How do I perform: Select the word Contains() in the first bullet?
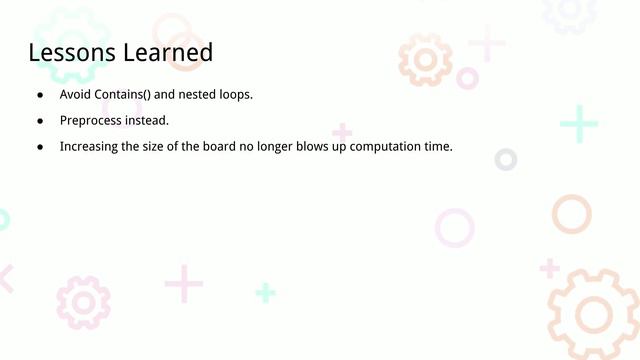click(x=131, y=95)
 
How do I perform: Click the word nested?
click(x=201, y=95)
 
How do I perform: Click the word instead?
click(x=147, y=121)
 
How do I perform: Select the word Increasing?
click(x=91, y=147)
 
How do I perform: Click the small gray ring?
click(x=506, y=159)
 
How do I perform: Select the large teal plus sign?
click(x=579, y=124)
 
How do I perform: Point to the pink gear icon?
click(x=83, y=302)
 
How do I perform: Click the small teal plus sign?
click(x=265, y=292)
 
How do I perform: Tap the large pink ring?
click(x=454, y=228)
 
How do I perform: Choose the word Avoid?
click(x=75, y=95)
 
